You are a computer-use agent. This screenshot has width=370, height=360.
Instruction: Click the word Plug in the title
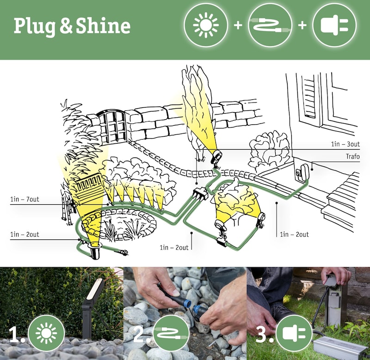click(34, 26)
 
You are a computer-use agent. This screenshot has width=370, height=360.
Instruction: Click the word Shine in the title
click(103, 25)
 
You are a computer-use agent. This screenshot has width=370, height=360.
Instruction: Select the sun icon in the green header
click(206, 25)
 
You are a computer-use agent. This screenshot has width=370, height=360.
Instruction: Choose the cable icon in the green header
click(270, 25)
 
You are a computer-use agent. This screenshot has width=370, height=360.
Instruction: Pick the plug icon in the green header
click(334, 25)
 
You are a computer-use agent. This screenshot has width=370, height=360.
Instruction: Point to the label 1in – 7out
click(25, 199)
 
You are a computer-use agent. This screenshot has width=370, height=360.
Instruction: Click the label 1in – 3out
click(345, 144)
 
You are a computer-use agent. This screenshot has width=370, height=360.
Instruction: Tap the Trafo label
click(353, 156)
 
